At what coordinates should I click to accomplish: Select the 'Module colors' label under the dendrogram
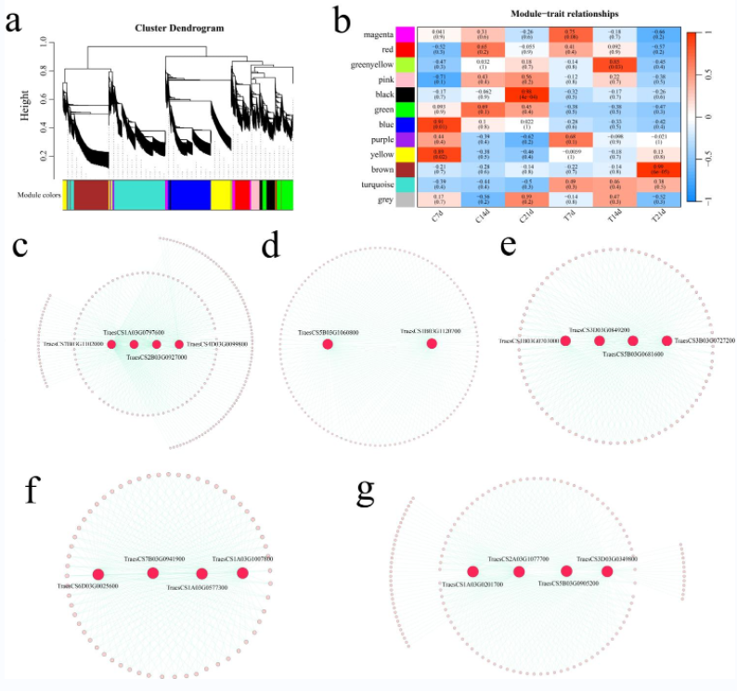(38, 194)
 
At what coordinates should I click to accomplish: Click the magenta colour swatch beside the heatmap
(406, 34)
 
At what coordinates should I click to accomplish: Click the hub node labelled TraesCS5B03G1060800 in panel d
(328, 345)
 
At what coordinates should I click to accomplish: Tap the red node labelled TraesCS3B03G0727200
(666, 341)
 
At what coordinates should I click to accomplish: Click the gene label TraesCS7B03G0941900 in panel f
(154, 559)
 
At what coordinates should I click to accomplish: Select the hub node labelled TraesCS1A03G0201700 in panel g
(472, 572)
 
